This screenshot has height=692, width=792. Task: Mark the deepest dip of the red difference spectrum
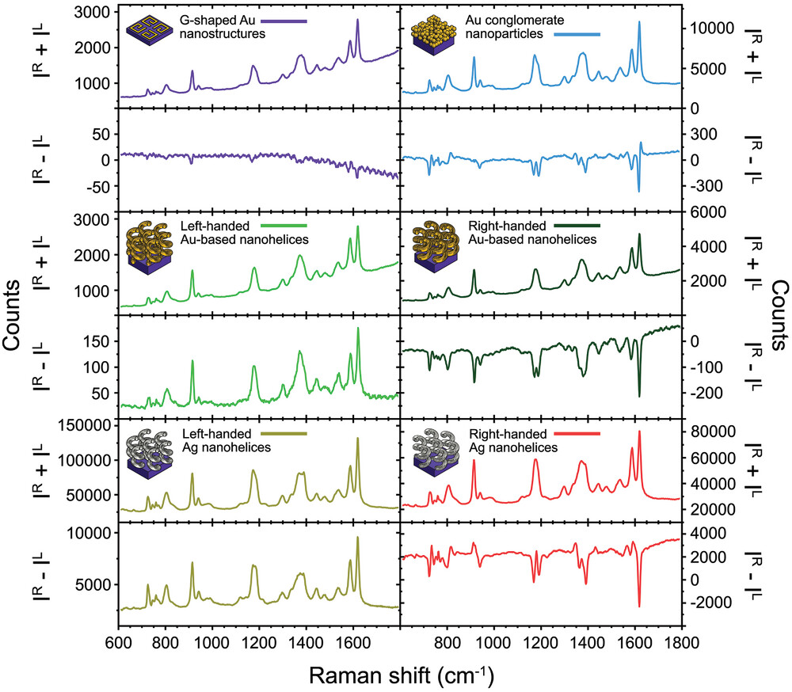pyautogui.click(x=639, y=606)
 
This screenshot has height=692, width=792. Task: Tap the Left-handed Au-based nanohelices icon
pyautogui.click(x=150, y=242)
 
